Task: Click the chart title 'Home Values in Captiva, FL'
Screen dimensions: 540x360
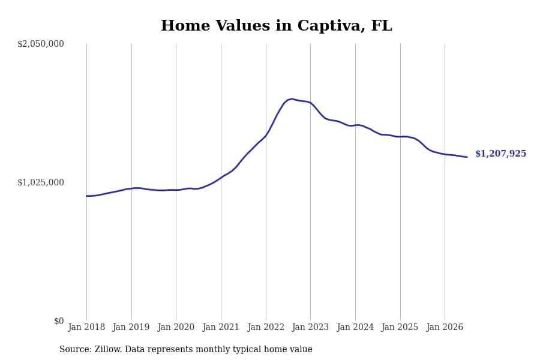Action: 276,26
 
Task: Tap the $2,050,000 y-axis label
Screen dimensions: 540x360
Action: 41,44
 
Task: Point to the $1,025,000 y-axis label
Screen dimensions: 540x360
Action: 41,182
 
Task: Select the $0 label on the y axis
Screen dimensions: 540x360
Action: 59,321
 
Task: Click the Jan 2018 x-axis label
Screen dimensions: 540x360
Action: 86,327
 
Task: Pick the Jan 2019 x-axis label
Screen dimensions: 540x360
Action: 131,327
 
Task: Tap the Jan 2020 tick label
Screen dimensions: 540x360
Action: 176,327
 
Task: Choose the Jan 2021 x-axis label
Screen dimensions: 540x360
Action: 221,327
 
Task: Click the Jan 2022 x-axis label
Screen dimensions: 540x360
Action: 266,327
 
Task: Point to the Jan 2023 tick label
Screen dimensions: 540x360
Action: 310,327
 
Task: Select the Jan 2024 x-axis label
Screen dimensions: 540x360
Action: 355,327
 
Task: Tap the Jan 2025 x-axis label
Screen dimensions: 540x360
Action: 400,327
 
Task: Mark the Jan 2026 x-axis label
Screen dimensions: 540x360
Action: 445,327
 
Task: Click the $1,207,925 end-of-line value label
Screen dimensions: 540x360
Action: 501,154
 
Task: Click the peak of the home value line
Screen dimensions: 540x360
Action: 292,99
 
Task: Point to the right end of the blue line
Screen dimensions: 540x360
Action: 467,157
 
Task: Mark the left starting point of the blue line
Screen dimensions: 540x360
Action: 86,196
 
